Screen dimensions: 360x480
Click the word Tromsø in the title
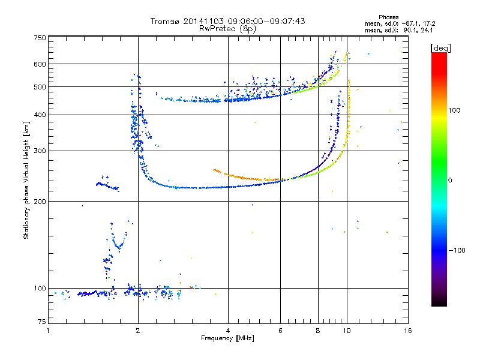(x=166, y=22)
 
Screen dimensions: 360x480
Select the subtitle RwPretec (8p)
(x=227, y=28)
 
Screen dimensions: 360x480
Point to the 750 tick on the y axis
(x=40, y=37)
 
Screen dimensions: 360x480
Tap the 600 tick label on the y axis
(x=40, y=64)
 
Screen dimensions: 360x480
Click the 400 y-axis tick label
(x=40, y=115)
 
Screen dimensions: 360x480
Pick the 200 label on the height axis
(x=40, y=201)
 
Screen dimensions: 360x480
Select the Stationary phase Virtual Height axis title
(x=26, y=180)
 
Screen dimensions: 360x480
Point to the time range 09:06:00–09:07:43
(x=272, y=22)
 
